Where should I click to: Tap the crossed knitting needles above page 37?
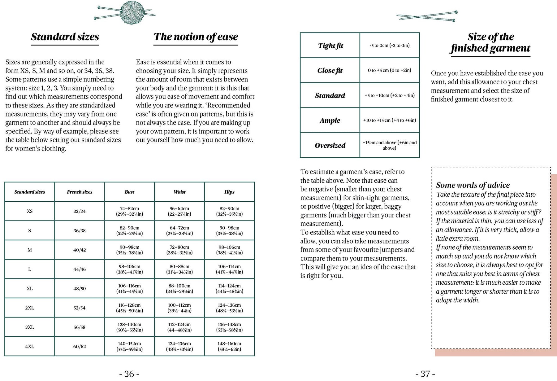pos(427,16)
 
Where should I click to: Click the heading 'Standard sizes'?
pos(65,37)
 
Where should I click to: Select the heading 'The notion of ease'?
pos(196,37)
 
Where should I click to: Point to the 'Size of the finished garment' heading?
pos(490,42)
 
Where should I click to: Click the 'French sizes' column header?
pos(80,192)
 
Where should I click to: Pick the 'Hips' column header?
pos(229,192)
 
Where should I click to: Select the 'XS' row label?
pos(30,211)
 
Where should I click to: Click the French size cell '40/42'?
pos(80,250)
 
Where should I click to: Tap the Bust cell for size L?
pos(129,269)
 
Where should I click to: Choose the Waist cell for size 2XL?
pos(179,308)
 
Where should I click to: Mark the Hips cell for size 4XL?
pos(229,346)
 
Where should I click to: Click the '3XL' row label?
pos(30,327)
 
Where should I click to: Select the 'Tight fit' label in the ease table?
pos(330,46)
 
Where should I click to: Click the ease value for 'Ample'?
pos(389,120)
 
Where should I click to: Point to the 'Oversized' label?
pos(330,145)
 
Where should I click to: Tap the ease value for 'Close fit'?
pos(389,70)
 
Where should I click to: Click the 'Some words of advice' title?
pos(473,185)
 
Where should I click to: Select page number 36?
pos(129,374)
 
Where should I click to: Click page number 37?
pos(425,374)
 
